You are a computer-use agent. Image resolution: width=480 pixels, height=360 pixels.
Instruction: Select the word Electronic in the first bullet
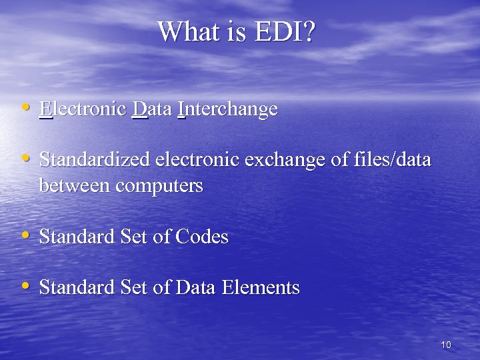click(83, 109)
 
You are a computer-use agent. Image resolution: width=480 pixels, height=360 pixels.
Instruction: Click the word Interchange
click(227, 109)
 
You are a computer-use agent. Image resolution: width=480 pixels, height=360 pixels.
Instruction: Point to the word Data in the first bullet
click(153, 109)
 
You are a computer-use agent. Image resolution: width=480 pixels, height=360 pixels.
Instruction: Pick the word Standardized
click(95, 161)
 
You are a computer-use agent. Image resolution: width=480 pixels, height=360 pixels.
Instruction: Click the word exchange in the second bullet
click(298, 161)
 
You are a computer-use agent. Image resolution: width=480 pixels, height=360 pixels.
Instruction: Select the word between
click(75, 186)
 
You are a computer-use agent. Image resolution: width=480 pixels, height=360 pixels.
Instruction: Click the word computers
click(159, 186)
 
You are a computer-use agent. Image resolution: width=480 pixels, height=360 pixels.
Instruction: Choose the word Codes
click(202, 237)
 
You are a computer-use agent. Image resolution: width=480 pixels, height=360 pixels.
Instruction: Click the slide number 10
click(446, 345)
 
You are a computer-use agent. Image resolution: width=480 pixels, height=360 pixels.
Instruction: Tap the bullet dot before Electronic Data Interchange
click(25, 107)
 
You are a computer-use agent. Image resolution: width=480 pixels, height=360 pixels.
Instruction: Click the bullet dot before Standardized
click(25, 159)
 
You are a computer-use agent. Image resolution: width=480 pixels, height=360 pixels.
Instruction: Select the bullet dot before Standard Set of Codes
click(25, 235)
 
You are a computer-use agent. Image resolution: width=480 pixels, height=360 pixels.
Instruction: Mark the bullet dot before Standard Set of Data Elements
click(25, 285)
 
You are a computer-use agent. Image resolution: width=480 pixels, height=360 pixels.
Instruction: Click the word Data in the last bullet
click(195, 287)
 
